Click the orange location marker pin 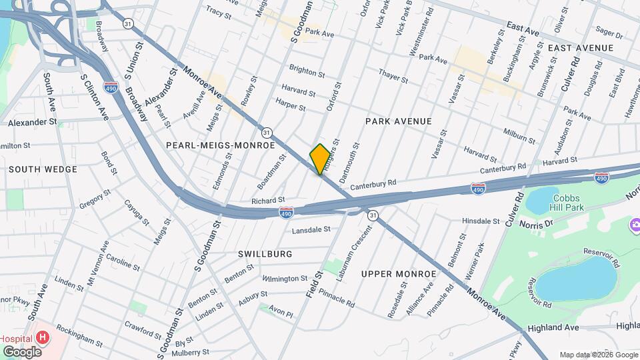[320, 159]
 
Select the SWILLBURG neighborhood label [265, 254]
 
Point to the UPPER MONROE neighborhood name [399, 274]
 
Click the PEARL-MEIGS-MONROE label [220, 145]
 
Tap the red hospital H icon [43, 337]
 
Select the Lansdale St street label [311, 230]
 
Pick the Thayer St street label [393, 77]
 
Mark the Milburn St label [519, 133]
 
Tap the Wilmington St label [285, 279]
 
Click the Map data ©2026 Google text [599, 355]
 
